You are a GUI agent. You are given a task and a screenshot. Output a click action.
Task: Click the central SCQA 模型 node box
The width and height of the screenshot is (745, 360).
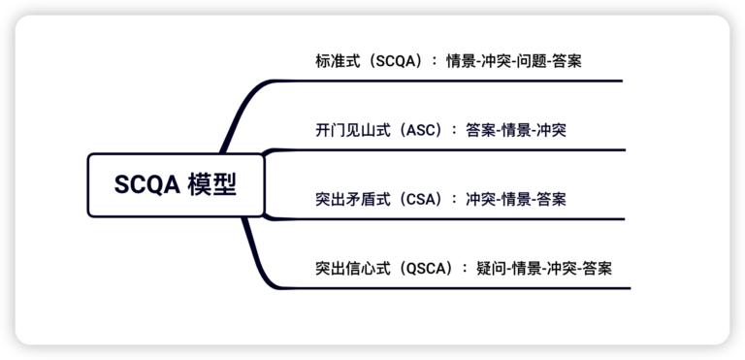pyautogui.click(x=175, y=184)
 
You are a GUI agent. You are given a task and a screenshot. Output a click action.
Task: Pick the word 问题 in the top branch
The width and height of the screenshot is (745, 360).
pyautogui.click(x=525, y=60)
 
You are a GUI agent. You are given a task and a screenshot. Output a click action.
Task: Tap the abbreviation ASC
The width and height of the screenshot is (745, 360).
pyautogui.click(x=423, y=129)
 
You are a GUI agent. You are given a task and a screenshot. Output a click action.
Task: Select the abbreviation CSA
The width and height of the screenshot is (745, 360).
pyautogui.click(x=423, y=199)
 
